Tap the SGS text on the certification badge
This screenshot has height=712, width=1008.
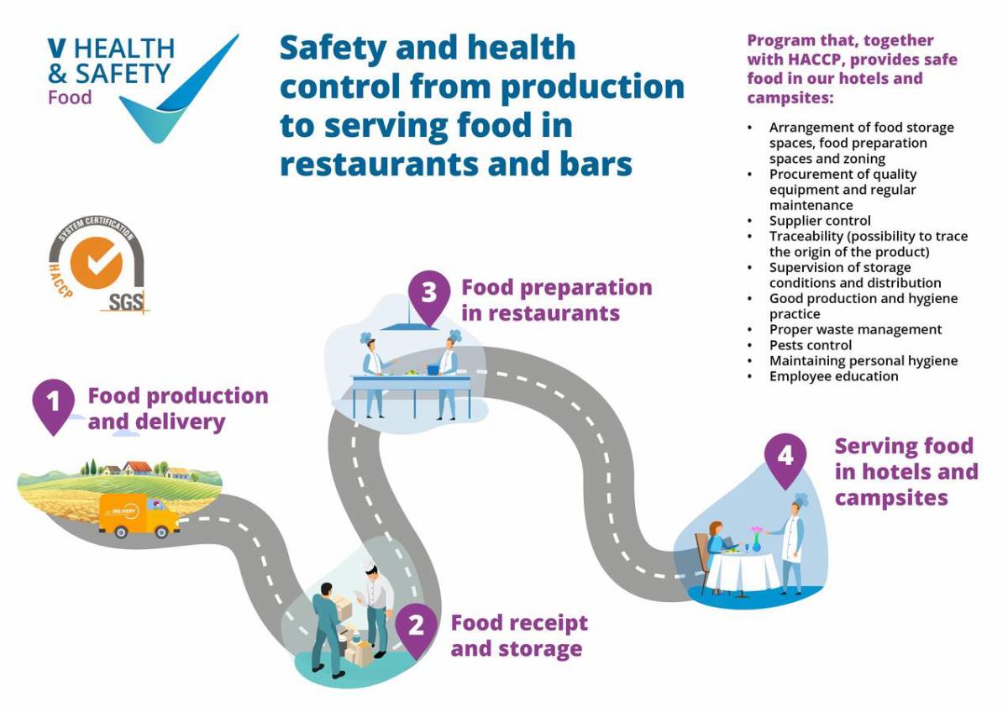pyautogui.click(x=125, y=301)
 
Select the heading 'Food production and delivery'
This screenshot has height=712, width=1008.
pyautogui.click(x=177, y=408)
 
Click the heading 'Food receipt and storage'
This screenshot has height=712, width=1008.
pyautogui.click(x=518, y=636)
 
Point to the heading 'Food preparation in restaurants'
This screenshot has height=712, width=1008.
pyautogui.click(x=556, y=300)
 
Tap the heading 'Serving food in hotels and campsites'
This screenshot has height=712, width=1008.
pyautogui.click(x=906, y=471)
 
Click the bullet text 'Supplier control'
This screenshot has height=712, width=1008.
pyautogui.click(x=820, y=221)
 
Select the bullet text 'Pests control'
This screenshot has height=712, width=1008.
pyautogui.click(x=810, y=345)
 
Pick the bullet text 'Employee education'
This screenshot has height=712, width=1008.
pyautogui.click(x=833, y=376)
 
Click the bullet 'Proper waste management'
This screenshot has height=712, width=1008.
pyautogui.click(x=855, y=329)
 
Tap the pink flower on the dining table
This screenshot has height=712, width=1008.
pyautogui.click(x=756, y=531)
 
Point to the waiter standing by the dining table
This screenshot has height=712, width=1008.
pyautogui.click(x=793, y=542)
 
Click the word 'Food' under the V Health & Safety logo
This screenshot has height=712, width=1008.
pyautogui.click(x=70, y=97)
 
